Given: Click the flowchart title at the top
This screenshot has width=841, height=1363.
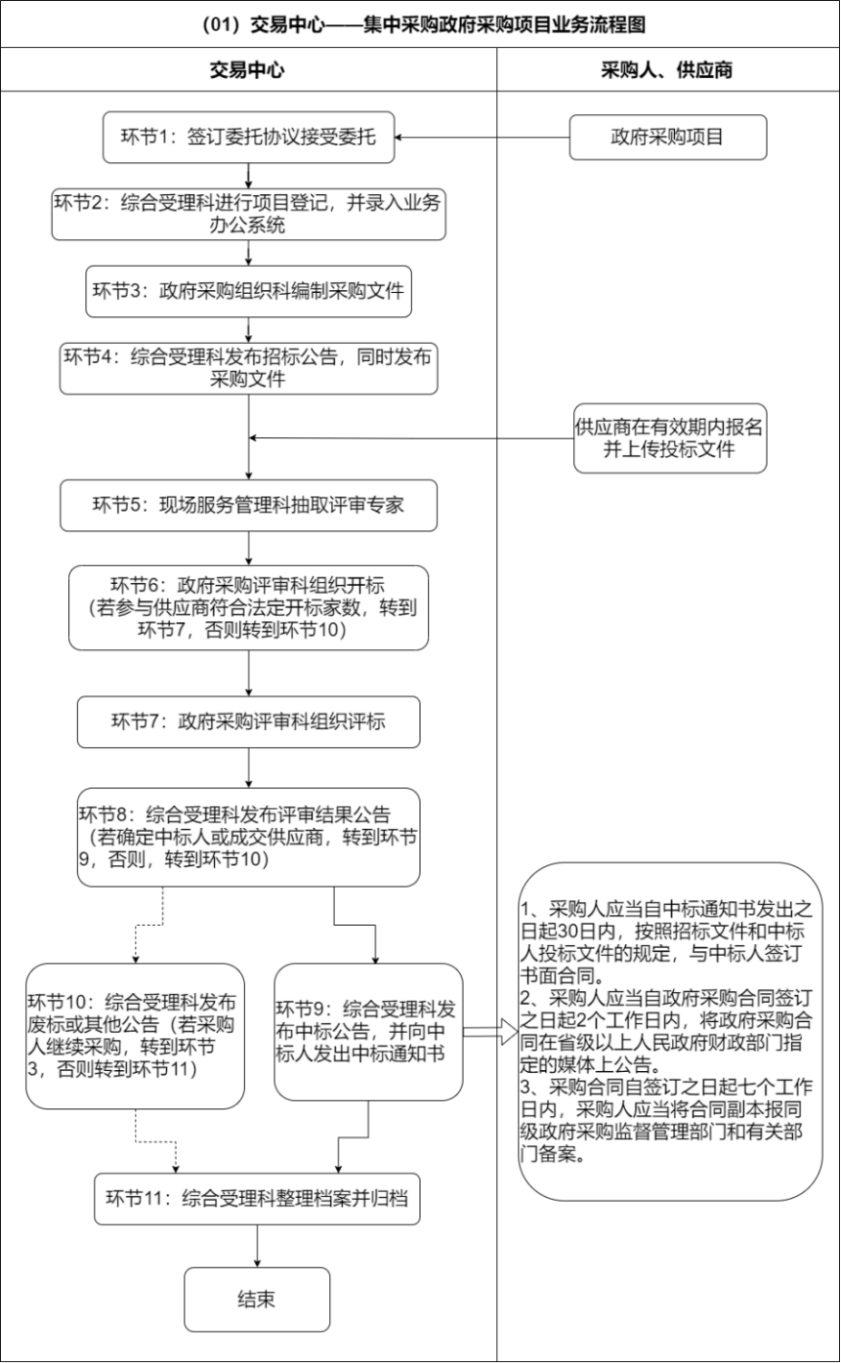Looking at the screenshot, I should pyautogui.click(x=420, y=23).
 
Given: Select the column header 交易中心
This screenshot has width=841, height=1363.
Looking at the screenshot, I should pyautogui.click(x=248, y=70).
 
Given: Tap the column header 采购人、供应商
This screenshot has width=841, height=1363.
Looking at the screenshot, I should pyautogui.click(x=667, y=70).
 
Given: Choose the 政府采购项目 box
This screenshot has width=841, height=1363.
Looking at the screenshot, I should pyautogui.click(x=667, y=137).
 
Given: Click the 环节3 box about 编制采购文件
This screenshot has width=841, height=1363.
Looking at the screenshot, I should pyautogui.click(x=248, y=291).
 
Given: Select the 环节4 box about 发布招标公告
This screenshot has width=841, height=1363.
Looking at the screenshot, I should pyautogui.click(x=248, y=367).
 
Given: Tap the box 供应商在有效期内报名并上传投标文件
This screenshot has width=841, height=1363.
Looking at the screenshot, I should pyautogui.click(x=669, y=436).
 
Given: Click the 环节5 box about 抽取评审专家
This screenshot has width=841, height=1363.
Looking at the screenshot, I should pyautogui.click(x=248, y=504).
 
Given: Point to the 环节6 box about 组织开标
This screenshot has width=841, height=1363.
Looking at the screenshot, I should pyautogui.click(x=248, y=606).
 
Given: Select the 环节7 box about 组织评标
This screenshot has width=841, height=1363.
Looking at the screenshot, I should pyautogui.click(x=248, y=722).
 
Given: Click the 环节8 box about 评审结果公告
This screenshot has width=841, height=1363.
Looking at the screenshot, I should pyautogui.click(x=248, y=837).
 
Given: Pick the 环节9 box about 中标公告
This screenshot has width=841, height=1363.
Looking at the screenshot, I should pyautogui.click(x=368, y=1032).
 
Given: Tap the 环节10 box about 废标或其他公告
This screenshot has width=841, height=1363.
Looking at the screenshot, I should pyautogui.click(x=135, y=1035).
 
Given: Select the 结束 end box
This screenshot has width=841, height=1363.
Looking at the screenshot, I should pyautogui.click(x=256, y=1298).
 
